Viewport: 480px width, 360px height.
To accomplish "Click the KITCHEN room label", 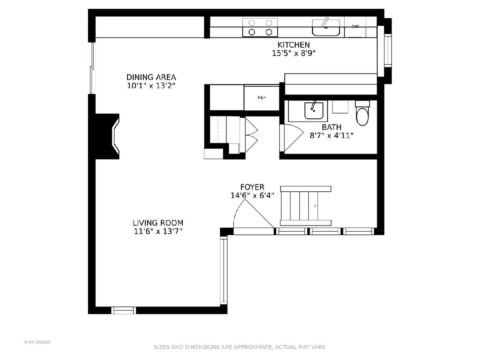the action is (x=294, y=45).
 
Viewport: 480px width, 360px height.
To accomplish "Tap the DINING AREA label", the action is (x=151, y=77).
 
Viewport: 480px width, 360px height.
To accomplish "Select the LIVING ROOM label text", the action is (x=158, y=223).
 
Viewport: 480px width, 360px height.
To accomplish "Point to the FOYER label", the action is (x=252, y=187).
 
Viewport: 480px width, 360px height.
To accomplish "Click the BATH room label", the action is (x=331, y=127).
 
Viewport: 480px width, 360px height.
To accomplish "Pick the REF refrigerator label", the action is (x=262, y=98).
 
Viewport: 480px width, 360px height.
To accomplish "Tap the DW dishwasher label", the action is (x=355, y=26).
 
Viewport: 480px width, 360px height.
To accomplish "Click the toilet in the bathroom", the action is (x=362, y=113).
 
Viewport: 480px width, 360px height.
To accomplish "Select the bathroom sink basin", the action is (x=314, y=111).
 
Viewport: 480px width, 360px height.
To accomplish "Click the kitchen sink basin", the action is (x=326, y=28).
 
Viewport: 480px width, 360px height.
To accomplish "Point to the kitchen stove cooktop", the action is (x=260, y=28).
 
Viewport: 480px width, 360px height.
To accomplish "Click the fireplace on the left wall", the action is (x=108, y=136).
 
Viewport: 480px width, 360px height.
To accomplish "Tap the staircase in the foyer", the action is (x=306, y=206).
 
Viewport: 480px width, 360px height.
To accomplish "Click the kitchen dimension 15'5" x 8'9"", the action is (x=294, y=53).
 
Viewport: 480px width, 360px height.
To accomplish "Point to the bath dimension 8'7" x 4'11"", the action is (x=332, y=136).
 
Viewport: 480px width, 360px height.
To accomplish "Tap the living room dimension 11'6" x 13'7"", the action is (x=158, y=231).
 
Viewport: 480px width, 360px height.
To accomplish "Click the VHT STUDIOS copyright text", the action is (x=37, y=342).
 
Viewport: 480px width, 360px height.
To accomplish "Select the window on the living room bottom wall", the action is (x=124, y=310).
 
